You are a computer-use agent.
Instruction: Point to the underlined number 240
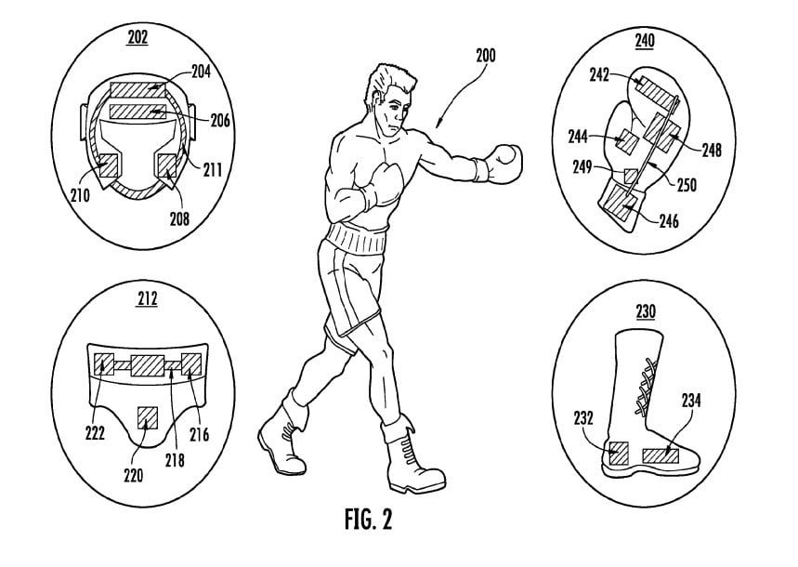644,41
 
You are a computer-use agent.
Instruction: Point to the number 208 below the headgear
204,220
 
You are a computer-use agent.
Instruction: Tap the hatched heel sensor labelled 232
618,453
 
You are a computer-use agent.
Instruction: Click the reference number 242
598,77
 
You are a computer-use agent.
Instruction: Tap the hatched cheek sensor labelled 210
109,165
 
